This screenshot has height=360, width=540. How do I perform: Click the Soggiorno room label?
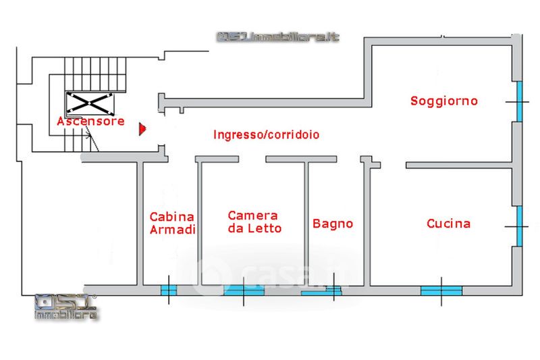pos(444,101)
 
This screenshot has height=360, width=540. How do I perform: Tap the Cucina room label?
pos(449,224)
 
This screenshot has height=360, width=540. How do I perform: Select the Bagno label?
pos(333,224)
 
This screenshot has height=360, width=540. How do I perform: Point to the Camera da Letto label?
pos(253,222)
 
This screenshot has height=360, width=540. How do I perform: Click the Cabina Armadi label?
pos(172,224)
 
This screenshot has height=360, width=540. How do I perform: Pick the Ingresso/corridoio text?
pos(266,134)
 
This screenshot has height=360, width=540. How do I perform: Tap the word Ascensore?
pos(90,122)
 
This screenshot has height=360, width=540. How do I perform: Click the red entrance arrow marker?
pos(142,128)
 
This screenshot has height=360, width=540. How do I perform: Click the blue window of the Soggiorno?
pos(519,101)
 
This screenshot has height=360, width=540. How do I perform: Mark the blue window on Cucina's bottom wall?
pos(441,290)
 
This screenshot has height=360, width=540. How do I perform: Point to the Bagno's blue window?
pos(321,292)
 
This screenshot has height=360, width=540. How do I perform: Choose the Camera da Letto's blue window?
pos(244,290)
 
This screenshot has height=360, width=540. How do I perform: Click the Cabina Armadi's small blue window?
pos(168,290)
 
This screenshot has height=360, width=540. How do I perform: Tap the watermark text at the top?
pos(277,37)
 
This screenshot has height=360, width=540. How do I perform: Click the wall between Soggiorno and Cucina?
pos(460,165)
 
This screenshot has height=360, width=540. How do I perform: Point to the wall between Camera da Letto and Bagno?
pos(306,223)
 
